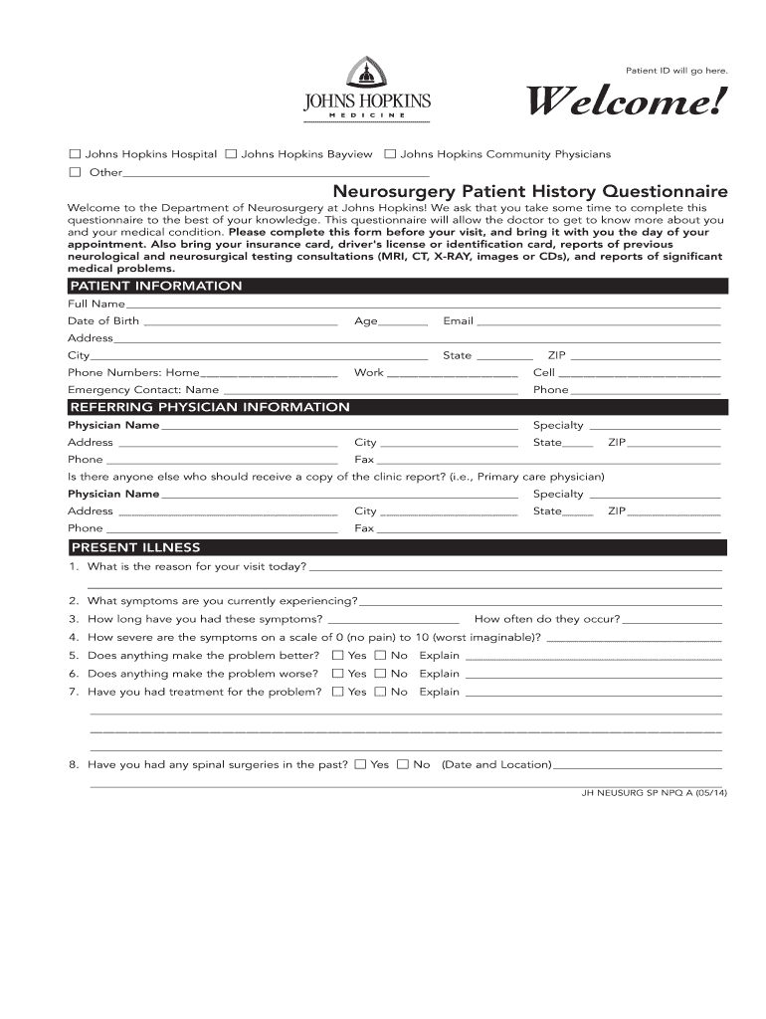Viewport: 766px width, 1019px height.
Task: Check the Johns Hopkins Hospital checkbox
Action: pos(75,154)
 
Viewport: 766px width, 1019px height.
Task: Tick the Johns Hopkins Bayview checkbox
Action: pos(231,154)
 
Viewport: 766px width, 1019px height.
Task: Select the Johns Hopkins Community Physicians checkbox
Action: pos(390,154)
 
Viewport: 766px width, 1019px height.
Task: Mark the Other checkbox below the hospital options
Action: pos(75,172)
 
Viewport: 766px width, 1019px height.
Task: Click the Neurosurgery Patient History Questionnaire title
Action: pos(529,190)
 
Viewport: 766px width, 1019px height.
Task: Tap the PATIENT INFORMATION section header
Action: pos(155,287)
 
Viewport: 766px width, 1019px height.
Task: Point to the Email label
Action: pos(458,321)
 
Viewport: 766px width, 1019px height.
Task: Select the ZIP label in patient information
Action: pos(556,355)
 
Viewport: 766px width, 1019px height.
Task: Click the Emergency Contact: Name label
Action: pos(143,390)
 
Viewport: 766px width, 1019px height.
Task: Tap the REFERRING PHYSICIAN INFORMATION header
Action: pos(209,407)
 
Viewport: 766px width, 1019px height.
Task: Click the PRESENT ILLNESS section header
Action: pos(134,547)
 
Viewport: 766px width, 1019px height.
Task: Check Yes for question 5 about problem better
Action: pos(338,656)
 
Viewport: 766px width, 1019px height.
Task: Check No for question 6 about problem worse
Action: pos(380,674)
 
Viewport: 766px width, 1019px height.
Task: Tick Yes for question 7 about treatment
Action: pos(338,692)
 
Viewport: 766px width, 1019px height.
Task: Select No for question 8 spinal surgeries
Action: pos(403,764)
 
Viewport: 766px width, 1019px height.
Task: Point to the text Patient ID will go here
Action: pos(676,71)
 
